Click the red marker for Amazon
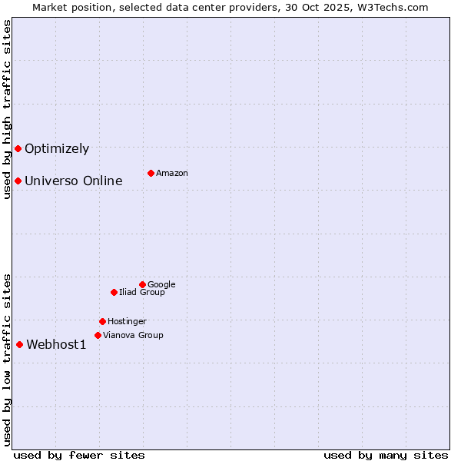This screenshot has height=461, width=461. click(151, 173)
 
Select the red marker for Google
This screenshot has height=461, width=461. click(142, 284)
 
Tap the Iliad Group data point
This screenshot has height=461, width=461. click(114, 292)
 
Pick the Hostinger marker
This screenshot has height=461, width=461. click(102, 321)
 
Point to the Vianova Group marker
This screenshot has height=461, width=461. click(98, 335)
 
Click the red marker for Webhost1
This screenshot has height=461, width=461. click(19, 344)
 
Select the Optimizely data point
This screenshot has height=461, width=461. click(18, 148)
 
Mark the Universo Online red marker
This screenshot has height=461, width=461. click(18, 181)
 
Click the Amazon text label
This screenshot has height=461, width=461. click(172, 173)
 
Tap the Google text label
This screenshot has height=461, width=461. click(161, 284)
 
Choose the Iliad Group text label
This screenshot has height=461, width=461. click(142, 292)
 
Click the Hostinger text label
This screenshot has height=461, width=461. click(127, 321)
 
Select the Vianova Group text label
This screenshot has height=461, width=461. click(133, 335)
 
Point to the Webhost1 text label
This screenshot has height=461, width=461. click(56, 344)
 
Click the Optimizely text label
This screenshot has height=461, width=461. click(57, 148)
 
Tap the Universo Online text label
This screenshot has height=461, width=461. click(73, 181)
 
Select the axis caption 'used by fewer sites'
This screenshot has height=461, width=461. click(79, 455)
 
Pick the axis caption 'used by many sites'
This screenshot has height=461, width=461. click(386, 455)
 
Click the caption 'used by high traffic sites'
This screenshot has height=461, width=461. click(7, 109)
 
